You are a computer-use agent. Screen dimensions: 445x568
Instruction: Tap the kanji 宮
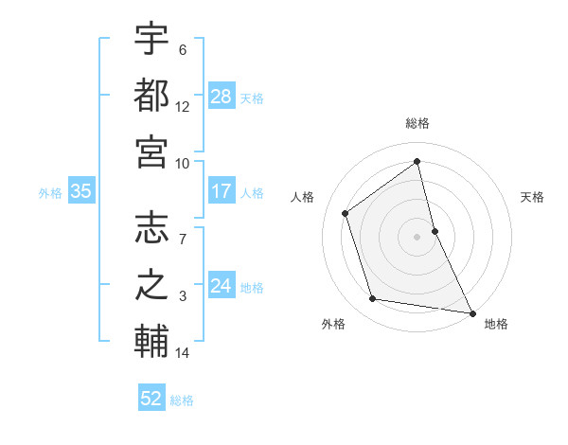pos(151,150)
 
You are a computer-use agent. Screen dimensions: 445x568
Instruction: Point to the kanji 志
pos(151,228)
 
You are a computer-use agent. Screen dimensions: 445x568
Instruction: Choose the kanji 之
pos(151,283)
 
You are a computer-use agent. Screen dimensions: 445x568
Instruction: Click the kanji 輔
pos(151,340)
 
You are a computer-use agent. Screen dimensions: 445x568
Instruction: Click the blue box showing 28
pos(222,96)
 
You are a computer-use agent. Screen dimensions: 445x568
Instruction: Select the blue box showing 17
pos(222,191)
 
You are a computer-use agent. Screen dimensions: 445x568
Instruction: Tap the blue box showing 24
pos(222,286)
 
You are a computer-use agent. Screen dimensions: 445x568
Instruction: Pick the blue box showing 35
pos(80,191)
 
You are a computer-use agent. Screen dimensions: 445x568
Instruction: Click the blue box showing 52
pos(151,399)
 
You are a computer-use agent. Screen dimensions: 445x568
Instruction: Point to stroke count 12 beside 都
pos(183,107)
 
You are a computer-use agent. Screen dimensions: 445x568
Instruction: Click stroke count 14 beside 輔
pos(183,353)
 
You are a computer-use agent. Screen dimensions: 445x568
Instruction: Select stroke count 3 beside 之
pos(183,296)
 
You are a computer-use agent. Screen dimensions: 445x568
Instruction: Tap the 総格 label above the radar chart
pos(417,123)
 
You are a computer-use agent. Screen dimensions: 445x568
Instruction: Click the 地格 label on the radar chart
pos(496,324)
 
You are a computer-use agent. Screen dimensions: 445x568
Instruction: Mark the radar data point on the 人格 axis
pos(346,213)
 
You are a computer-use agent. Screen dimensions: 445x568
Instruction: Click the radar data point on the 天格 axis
pos(435,230)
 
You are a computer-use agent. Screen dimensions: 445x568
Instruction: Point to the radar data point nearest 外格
pos(373,299)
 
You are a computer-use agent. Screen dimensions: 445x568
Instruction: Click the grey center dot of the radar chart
pos(417,236)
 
